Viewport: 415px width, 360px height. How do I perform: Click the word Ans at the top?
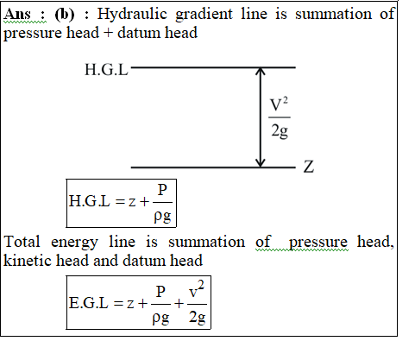pyautogui.click(x=17, y=14)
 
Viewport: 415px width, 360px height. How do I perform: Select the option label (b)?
pyautogui.click(x=65, y=15)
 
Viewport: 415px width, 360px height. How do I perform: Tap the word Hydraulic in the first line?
pyautogui.click(x=132, y=14)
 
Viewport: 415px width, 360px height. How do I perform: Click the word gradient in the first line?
pyautogui.click(x=204, y=15)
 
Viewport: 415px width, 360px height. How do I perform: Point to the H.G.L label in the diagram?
pyautogui.click(x=106, y=70)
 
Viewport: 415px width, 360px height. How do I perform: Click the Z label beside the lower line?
pyautogui.click(x=309, y=167)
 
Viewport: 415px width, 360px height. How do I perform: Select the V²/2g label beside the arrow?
pyautogui.click(x=280, y=118)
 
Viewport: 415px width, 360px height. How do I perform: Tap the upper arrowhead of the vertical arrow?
pyautogui.click(x=261, y=71)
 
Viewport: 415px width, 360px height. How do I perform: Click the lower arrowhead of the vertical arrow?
pyautogui.click(x=261, y=163)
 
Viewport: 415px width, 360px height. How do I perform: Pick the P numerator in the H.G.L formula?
pyautogui.click(x=162, y=190)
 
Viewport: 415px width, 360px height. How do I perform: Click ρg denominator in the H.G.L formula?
pyautogui.click(x=163, y=216)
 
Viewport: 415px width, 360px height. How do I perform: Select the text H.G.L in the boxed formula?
pyautogui.click(x=89, y=200)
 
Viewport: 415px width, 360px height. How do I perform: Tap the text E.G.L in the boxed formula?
pyautogui.click(x=89, y=303)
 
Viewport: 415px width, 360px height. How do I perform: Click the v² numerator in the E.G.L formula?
pyautogui.click(x=197, y=290)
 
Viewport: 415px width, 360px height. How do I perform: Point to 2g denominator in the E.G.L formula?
pyautogui.click(x=198, y=317)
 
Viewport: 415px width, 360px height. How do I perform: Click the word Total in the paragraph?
pyautogui.click(x=22, y=242)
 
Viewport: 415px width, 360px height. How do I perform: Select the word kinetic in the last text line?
pyautogui.click(x=27, y=260)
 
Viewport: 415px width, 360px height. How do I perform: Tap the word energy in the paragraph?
pyautogui.click(x=74, y=243)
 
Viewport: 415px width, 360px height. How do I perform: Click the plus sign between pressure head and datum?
pyautogui.click(x=108, y=33)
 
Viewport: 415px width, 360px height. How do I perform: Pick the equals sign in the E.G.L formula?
pyautogui.click(x=118, y=303)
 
